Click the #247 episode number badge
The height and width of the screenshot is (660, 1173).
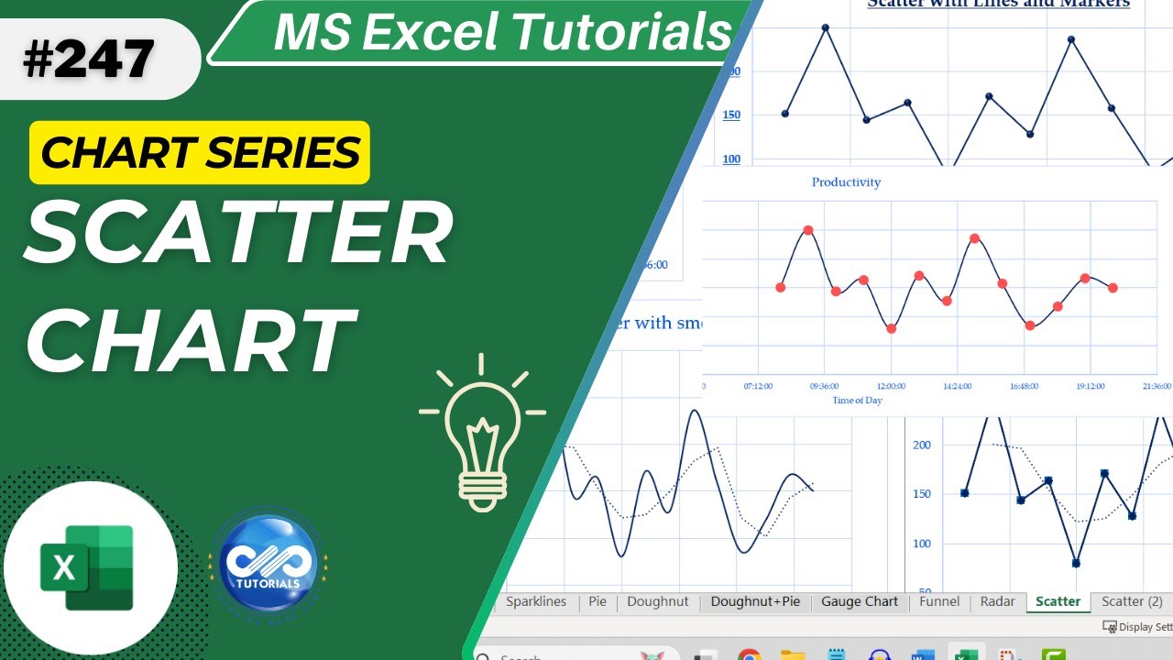click(90, 60)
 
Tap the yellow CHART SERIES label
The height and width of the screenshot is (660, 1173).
click(200, 152)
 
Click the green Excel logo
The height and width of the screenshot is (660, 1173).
click(88, 567)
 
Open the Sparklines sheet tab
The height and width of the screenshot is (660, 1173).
click(536, 601)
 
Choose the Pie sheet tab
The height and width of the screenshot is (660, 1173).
click(597, 601)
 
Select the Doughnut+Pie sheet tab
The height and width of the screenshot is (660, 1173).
click(755, 601)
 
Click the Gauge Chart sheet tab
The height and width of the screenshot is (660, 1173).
click(860, 601)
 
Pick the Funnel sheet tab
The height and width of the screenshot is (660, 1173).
click(939, 601)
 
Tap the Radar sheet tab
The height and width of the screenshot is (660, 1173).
click(997, 601)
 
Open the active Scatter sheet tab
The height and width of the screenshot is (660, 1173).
click(1058, 601)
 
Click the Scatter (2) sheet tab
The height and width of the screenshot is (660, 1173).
click(1132, 601)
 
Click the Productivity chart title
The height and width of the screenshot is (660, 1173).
click(846, 182)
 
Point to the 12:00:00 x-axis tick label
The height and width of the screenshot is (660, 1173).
click(891, 387)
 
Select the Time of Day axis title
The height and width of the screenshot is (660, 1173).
click(857, 401)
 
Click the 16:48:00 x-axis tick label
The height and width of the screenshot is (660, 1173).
click(1024, 387)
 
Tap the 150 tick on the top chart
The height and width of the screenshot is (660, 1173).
click(731, 115)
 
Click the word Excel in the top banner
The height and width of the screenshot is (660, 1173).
click(505, 33)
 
